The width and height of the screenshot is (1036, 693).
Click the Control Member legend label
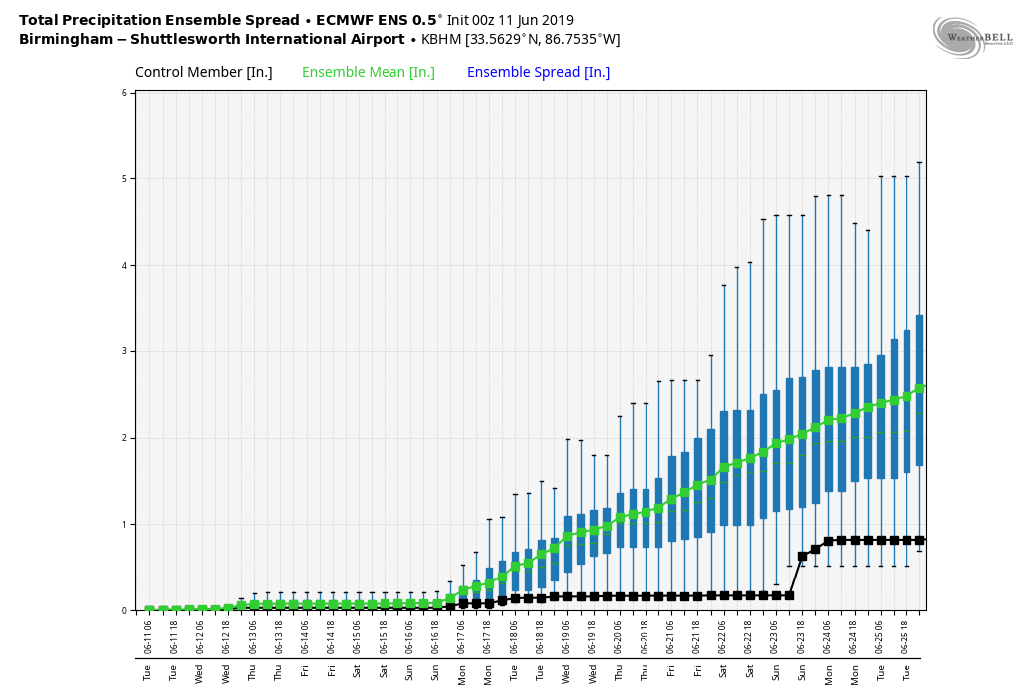click(203, 73)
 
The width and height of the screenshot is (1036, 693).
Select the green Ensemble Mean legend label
click(368, 73)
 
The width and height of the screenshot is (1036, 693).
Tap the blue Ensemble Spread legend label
click(538, 73)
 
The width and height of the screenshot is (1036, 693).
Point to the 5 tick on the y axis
click(125, 179)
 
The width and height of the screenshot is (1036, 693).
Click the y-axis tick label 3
click(125, 351)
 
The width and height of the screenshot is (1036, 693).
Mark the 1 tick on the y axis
click(125, 525)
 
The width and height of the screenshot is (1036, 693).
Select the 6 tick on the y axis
click(125, 93)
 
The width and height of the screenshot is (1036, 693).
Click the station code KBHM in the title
click(441, 40)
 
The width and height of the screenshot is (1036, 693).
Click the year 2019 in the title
click(557, 20)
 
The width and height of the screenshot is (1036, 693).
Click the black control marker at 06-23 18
click(802, 557)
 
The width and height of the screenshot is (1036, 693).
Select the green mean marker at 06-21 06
click(671, 499)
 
